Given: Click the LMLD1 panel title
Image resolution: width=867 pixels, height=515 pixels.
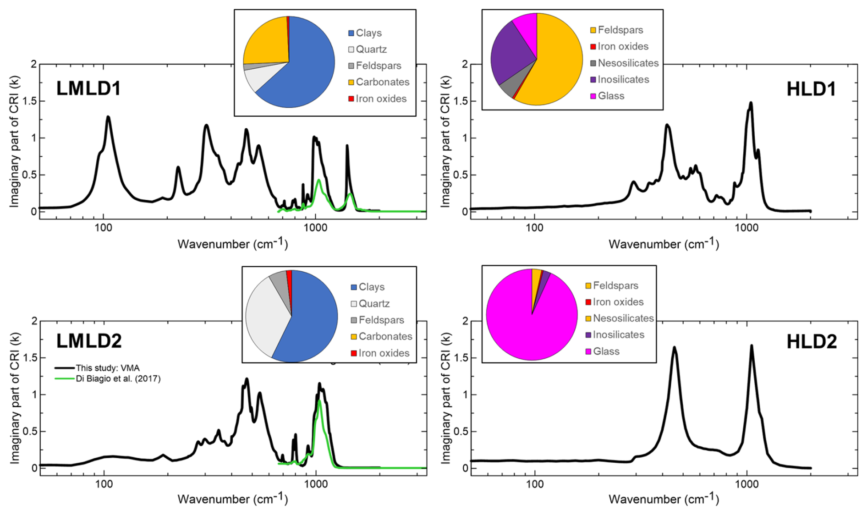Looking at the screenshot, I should (x=88, y=88).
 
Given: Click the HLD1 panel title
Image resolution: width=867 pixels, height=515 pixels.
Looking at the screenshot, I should (x=811, y=89).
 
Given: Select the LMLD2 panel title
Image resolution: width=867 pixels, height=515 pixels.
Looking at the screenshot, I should (x=89, y=341).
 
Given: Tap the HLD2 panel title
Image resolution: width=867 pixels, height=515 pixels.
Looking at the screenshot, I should (x=811, y=342).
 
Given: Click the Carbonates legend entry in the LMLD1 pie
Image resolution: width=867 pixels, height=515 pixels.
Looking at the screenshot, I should (x=382, y=82).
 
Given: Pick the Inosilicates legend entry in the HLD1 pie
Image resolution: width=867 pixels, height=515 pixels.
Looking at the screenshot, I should (x=623, y=79).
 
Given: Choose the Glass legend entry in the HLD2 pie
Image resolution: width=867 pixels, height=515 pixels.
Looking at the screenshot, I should (x=606, y=351).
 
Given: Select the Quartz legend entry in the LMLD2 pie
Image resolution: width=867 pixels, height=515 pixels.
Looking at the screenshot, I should (x=374, y=303).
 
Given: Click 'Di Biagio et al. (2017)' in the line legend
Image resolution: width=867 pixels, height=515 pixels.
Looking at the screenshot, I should (x=118, y=378).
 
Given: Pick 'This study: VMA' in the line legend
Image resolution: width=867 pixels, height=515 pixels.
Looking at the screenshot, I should (x=107, y=368).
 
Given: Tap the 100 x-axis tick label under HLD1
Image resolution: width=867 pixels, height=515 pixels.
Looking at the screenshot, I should (x=534, y=228).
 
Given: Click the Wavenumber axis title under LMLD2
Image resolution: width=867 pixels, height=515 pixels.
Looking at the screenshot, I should (x=233, y=499).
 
